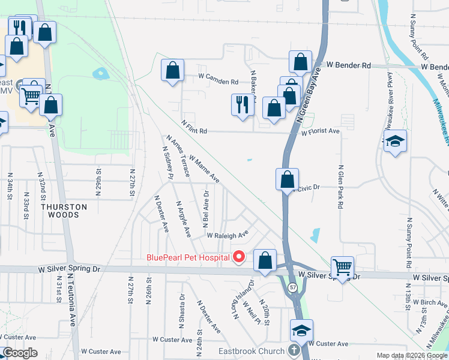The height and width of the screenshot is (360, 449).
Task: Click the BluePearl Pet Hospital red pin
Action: click(x=239, y=257)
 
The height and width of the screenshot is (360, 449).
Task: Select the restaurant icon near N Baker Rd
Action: click(x=242, y=105)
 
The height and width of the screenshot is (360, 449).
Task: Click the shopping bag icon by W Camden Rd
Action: click(x=173, y=71)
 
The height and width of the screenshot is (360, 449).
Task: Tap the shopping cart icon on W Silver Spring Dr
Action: click(x=342, y=267)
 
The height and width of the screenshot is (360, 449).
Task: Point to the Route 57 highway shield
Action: click(x=292, y=288)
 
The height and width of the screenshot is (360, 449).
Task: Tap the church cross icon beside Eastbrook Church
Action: click(x=294, y=350)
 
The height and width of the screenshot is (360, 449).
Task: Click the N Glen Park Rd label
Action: click(x=340, y=187)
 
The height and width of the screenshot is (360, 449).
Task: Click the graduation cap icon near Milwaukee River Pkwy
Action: click(x=395, y=142)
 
